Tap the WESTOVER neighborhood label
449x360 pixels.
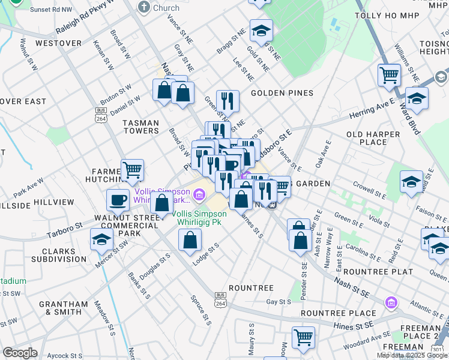58,43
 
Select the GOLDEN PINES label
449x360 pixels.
282,93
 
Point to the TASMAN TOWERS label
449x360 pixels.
141,127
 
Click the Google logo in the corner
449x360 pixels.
20,353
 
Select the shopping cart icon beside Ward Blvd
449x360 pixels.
389,75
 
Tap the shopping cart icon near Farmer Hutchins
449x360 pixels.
132,170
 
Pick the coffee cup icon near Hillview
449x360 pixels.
118,199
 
